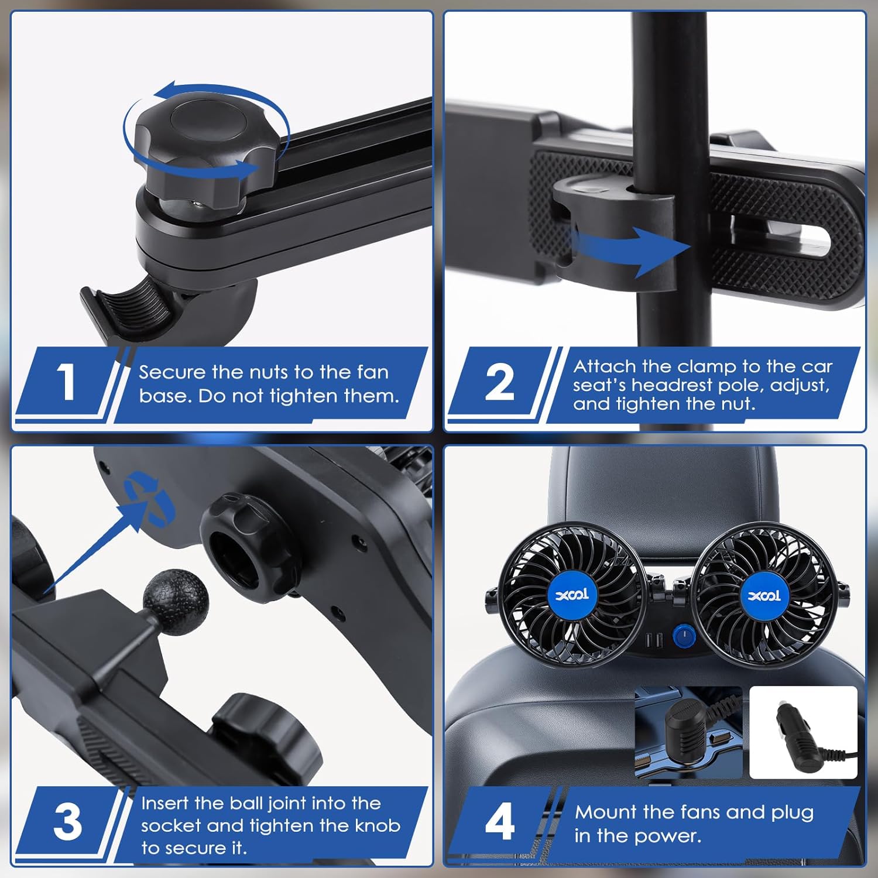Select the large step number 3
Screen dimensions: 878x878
click(x=68, y=821)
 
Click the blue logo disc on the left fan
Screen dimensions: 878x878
click(x=572, y=596)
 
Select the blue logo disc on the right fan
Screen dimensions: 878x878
click(x=764, y=596)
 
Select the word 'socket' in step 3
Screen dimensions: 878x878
click(x=171, y=825)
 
